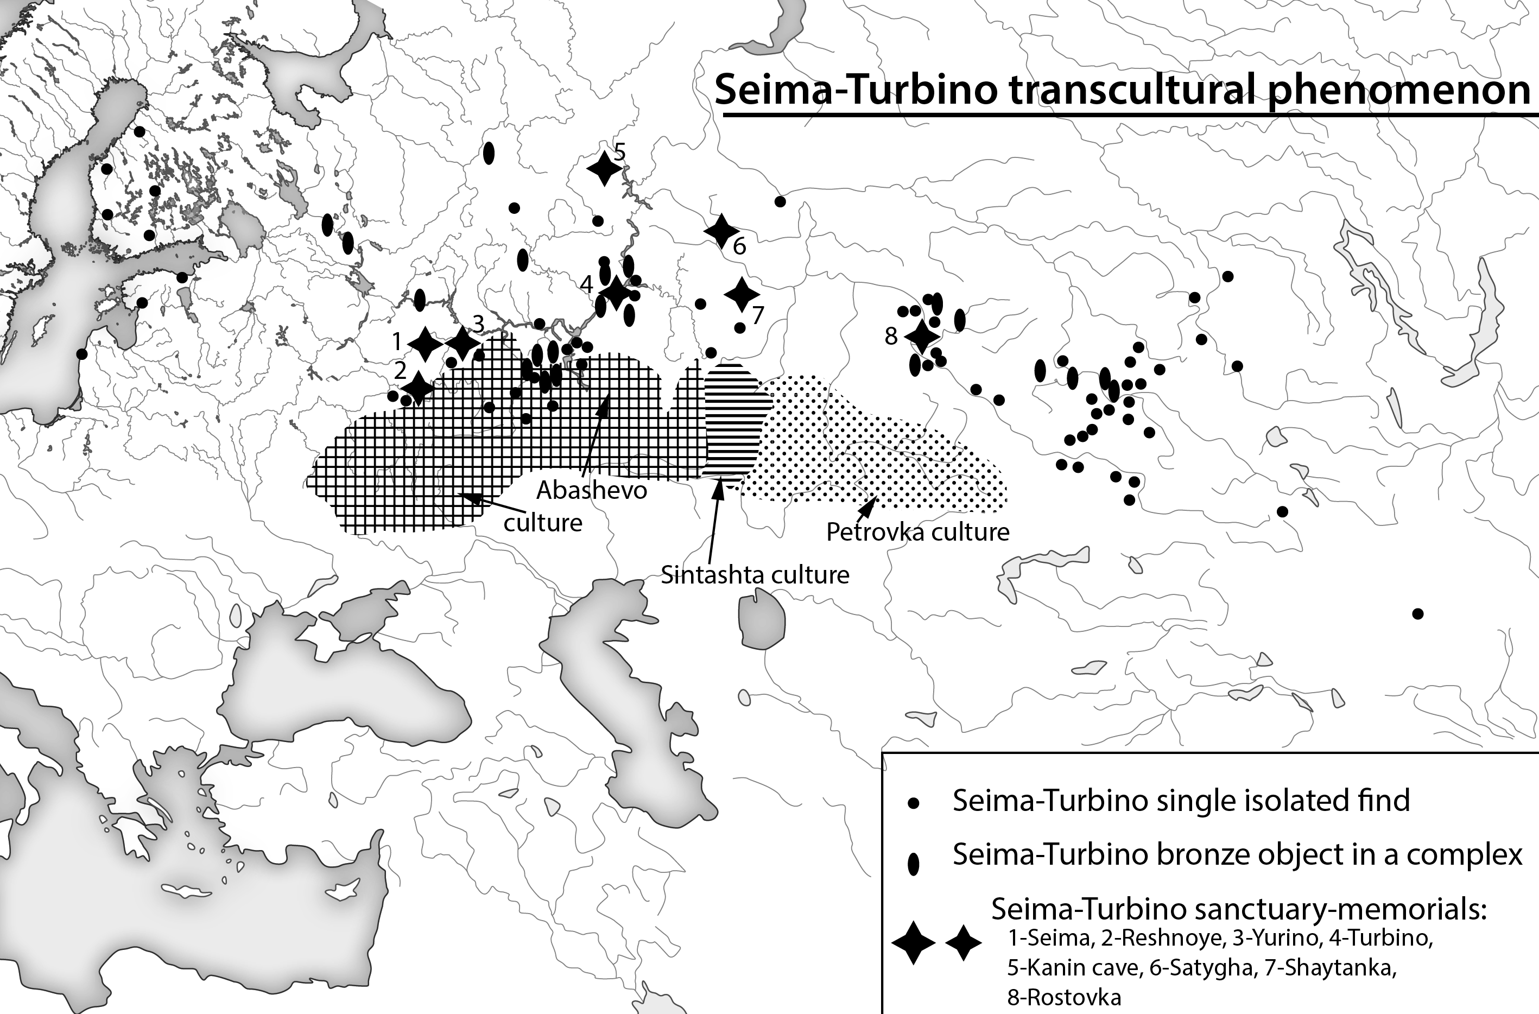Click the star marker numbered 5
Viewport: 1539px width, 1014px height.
tap(604, 168)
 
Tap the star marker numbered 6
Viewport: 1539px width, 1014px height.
tap(720, 230)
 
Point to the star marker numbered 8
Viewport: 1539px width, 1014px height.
tap(921, 335)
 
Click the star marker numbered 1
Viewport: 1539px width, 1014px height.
tap(426, 344)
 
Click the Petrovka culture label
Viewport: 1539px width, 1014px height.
tap(917, 532)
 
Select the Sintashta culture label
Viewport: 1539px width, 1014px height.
tap(755, 574)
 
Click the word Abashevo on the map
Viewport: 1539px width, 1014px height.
tap(592, 490)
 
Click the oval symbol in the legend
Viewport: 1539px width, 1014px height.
tap(914, 863)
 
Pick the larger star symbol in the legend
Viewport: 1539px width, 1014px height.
tap(913, 943)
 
